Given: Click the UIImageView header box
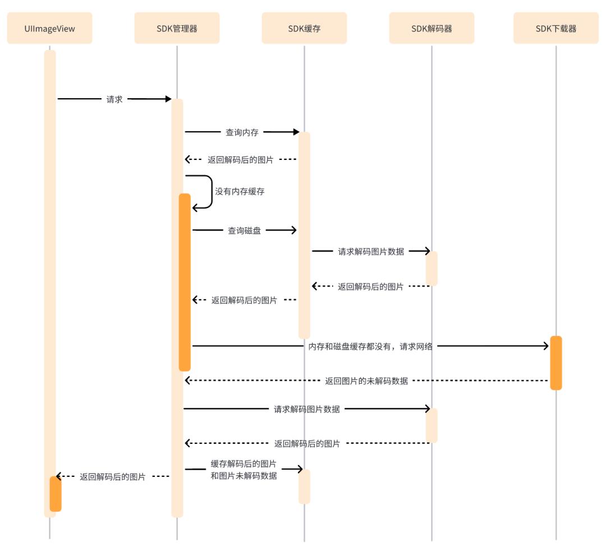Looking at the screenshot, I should [x=49, y=28].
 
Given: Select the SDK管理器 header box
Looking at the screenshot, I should [x=177, y=28].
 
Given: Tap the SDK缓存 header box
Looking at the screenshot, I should [x=304, y=28].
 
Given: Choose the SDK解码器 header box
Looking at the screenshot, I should [x=431, y=28].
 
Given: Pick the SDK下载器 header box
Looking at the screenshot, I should [x=555, y=28].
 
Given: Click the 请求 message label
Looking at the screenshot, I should [x=114, y=99].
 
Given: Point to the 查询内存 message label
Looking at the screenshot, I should [x=242, y=132].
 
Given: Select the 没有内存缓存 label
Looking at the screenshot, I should [x=240, y=191].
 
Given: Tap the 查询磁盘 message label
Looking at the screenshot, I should [x=244, y=230].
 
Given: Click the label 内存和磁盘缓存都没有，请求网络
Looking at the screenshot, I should [x=370, y=346].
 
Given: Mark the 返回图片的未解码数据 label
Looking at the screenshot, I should [x=366, y=381].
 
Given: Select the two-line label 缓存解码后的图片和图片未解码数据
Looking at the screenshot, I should [x=244, y=470].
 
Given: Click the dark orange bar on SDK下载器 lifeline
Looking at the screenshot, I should [x=555, y=362].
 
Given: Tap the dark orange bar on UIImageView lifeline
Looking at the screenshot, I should [x=55, y=494].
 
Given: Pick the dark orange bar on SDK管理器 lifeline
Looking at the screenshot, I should [x=185, y=282].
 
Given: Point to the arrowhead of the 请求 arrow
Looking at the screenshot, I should [x=168, y=99].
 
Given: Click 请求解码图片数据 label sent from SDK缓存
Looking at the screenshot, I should [x=371, y=252].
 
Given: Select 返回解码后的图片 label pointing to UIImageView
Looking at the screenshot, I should [x=113, y=477].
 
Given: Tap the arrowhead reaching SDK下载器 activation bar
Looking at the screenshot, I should [x=545, y=346].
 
